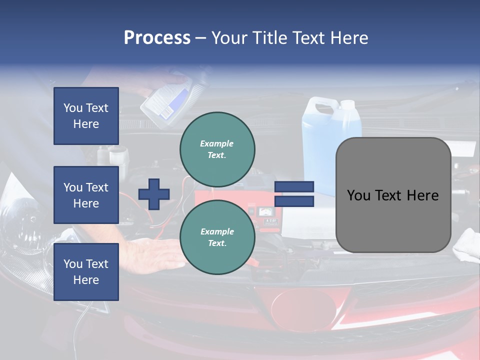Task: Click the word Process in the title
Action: (x=157, y=38)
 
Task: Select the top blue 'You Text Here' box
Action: (x=86, y=116)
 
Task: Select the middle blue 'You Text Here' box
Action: (x=86, y=195)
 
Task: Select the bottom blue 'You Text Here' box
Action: (x=86, y=272)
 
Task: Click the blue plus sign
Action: (x=154, y=194)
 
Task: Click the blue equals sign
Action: (x=294, y=194)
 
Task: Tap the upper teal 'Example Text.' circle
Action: (x=217, y=149)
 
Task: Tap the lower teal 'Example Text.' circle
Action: (x=217, y=237)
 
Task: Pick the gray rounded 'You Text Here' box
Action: (x=393, y=195)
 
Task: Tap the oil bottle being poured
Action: (x=167, y=100)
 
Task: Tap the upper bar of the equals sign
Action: (x=294, y=187)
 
